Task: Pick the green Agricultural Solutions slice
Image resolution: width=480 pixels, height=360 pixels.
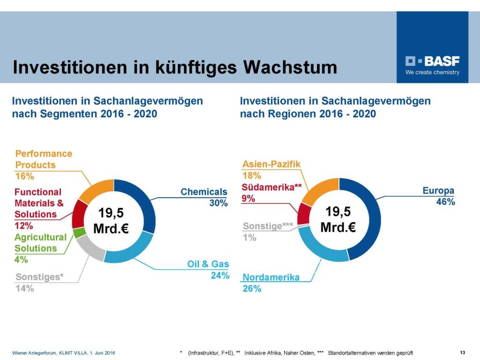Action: [79, 232]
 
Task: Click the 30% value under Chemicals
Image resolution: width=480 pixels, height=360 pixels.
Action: [218, 203]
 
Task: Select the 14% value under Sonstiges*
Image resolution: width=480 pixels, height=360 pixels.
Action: [24, 288]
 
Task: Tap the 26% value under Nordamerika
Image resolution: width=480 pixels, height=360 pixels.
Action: [252, 289]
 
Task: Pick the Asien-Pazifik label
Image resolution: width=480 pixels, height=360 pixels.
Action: [271, 164]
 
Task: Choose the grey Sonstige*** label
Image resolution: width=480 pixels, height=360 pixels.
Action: [268, 226]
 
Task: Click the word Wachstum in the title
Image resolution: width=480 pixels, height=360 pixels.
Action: [290, 67]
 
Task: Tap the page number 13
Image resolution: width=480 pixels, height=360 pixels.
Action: [463, 352]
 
